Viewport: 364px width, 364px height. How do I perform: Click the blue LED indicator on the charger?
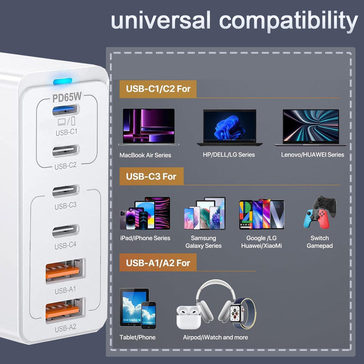coord(63,81)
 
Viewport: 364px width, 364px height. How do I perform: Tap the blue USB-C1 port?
coord(66,110)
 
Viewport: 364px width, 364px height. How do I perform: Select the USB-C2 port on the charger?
coord(66,151)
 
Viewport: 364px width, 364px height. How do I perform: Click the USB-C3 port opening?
coord(66,191)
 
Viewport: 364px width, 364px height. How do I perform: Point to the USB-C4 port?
coord(66,231)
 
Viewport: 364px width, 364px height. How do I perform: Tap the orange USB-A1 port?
coord(65,270)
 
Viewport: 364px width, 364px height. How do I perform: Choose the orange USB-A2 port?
coord(65,310)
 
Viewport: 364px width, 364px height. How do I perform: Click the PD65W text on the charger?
coord(67,97)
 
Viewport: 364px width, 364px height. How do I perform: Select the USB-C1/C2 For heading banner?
coord(158,89)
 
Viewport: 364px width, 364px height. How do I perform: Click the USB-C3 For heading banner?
coord(151,176)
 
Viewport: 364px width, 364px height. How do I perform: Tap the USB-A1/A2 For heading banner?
coord(158,263)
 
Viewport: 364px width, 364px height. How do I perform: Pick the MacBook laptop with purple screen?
coord(149,127)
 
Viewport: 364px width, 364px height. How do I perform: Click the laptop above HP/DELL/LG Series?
coord(230,127)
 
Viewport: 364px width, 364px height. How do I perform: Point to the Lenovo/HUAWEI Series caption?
coord(312,155)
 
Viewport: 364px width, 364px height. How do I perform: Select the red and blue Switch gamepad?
coord(316,219)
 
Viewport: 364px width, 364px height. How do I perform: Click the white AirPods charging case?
coord(189,317)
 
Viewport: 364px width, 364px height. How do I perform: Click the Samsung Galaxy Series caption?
coord(203,242)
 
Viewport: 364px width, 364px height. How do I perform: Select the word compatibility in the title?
coord(288,21)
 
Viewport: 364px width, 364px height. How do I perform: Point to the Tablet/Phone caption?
coord(138,337)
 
